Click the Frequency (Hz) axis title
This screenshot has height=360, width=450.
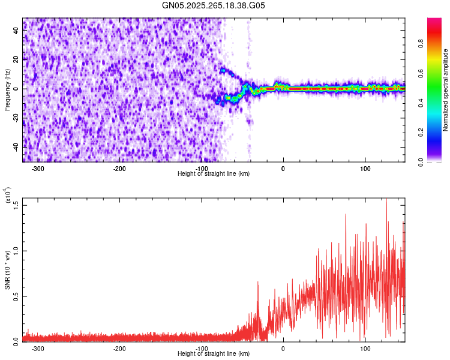click(x=7, y=90)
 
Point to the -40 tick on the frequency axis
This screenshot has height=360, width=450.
click(x=17, y=146)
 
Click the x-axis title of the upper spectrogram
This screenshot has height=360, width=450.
click(x=214, y=173)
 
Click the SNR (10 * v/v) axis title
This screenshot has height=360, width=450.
click(x=8, y=270)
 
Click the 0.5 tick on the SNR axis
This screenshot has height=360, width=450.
click(x=16, y=296)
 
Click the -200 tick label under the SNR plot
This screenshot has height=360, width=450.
click(x=119, y=349)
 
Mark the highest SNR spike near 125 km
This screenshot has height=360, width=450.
click(x=386, y=200)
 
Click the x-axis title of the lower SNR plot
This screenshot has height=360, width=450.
click(x=214, y=353)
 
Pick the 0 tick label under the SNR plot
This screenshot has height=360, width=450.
click(x=283, y=349)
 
